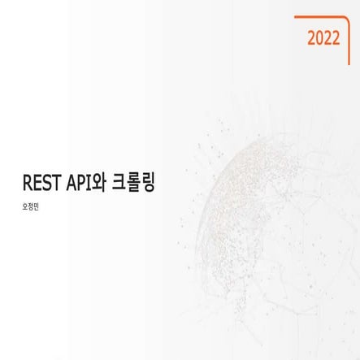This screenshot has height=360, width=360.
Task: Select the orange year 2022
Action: tap(323, 37)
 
